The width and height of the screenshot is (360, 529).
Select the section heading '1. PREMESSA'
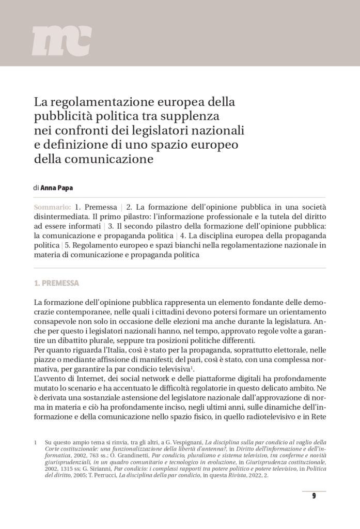pos(56,283)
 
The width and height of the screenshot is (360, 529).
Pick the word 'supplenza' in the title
pos(192,116)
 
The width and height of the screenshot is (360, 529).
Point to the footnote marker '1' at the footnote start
pos(35,443)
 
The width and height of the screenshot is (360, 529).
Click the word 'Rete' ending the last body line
pos(317,415)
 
